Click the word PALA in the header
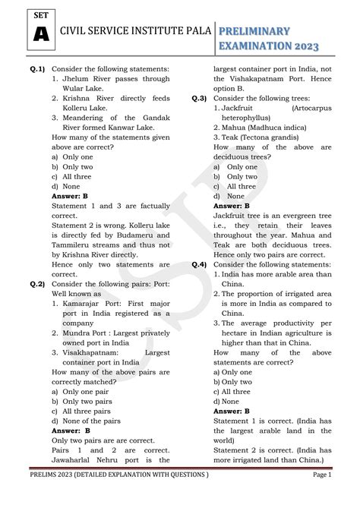[189, 31]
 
